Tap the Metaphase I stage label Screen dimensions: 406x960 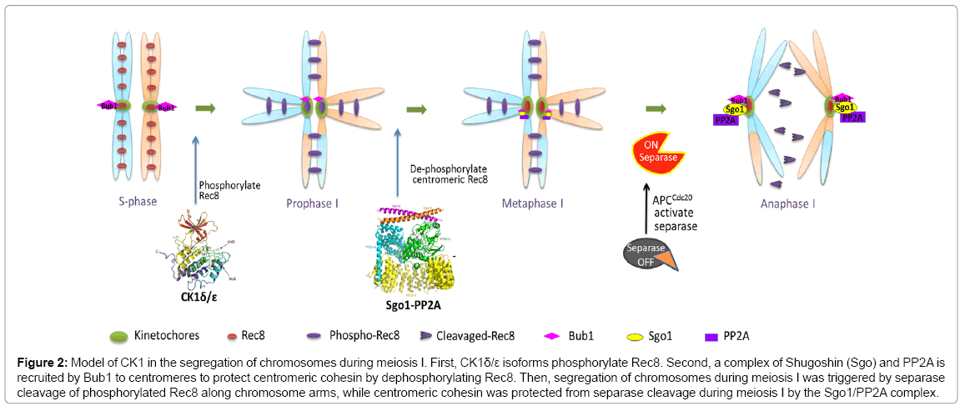pos(531,201)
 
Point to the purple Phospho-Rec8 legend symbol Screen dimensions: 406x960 pos(326,337)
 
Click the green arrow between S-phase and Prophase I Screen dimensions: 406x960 pos(204,108)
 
